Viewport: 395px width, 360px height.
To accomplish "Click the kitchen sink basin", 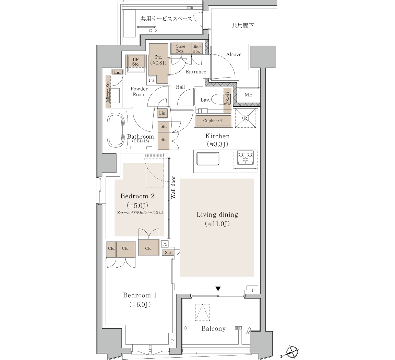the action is (208, 159).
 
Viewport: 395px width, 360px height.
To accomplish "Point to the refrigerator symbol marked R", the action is (246, 118).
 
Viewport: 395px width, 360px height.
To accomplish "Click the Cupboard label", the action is (212, 121).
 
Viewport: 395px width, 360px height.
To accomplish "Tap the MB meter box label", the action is (248, 94).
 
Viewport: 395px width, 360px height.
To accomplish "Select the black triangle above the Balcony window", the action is (218, 289).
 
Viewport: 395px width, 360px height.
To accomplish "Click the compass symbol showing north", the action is (292, 351).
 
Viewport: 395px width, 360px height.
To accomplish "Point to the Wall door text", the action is (173, 187).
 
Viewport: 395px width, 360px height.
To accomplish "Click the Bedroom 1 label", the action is (140, 295).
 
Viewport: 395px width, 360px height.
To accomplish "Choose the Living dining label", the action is (217, 214).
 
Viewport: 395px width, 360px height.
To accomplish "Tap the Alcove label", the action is (234, 55).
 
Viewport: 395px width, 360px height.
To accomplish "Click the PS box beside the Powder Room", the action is (151, 80).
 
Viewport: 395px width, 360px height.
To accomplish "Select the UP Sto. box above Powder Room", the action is (136, 62).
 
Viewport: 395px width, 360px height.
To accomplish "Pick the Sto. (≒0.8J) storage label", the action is (158, 60).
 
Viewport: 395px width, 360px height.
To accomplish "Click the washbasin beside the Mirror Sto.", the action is (115, 95).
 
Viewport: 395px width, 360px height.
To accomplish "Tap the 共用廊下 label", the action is (243, 25).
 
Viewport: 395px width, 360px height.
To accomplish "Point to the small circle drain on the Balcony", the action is (185, 328).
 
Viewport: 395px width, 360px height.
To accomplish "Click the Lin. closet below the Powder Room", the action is (163, 113).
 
